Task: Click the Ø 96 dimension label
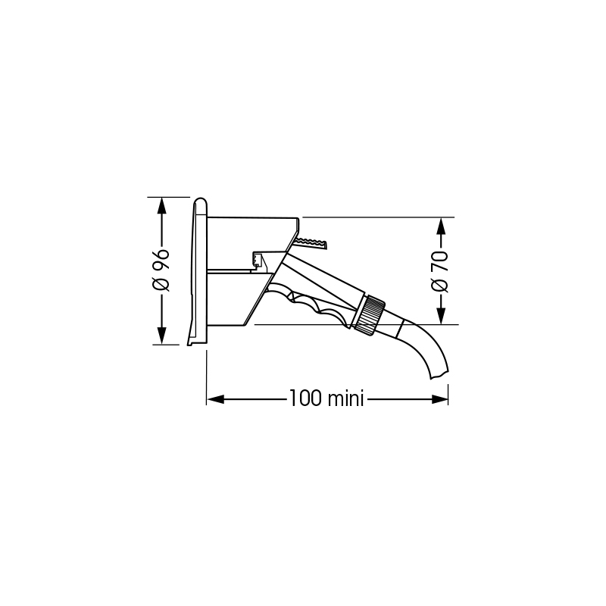161,270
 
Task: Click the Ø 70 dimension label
439,272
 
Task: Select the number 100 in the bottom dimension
305,398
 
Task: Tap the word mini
345,398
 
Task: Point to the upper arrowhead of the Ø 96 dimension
161,205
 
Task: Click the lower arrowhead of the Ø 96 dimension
161,336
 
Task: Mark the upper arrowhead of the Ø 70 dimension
440,226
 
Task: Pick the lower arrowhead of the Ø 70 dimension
440,316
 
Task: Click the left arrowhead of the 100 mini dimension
215,399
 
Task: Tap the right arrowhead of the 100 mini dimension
439,399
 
